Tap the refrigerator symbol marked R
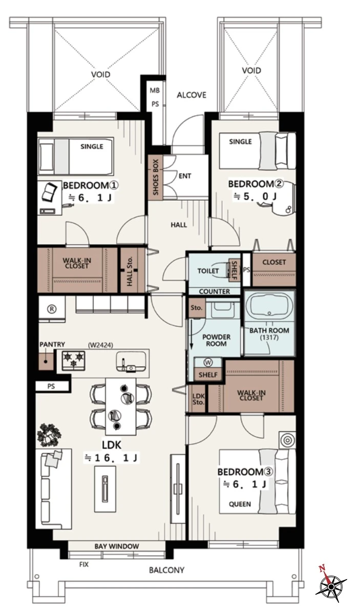coord(52,308)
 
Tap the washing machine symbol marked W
coord(208,363)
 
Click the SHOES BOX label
coord(156,177)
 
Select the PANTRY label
coord(52,344)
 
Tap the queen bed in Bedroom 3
coord(257,482)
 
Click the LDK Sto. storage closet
coord(198,398)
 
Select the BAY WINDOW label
coord(117,546)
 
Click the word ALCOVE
coord(192,95)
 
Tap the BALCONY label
coord(167,570)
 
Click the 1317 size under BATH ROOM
coord(269,337)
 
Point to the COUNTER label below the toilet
coord(215,291)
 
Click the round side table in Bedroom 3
coord(287,440)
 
